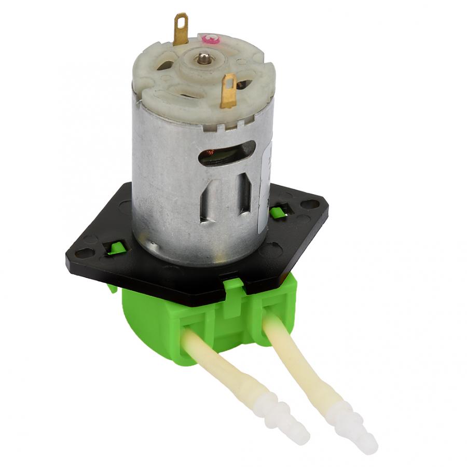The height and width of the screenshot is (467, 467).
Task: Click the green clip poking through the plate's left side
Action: click(x=116, y=248)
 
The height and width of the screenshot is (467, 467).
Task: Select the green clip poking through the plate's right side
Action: click(x=279, y=211)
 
